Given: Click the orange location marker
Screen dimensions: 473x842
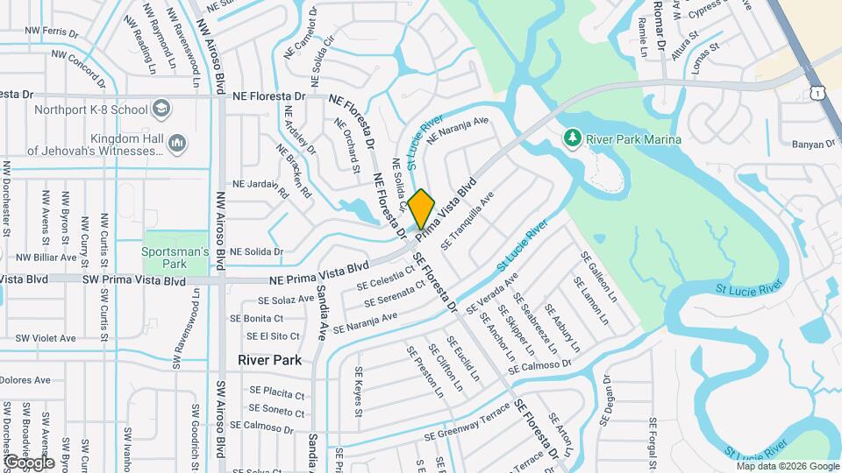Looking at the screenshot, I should [x=421, y=208].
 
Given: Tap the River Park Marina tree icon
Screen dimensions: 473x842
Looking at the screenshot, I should [x=572, y=138].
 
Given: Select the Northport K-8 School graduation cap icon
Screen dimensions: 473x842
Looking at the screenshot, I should [x=161, y=109].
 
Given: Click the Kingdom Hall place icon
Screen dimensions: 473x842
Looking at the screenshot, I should [x=176, y=142].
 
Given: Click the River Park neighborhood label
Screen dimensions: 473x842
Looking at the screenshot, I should [x=269, y=360].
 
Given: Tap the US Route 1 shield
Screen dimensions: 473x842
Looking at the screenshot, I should [x=817, y=92].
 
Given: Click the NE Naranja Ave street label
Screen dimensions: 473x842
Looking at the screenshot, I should [x=457, y=128].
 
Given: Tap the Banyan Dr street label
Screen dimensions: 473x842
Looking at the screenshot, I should [x=814, y=144].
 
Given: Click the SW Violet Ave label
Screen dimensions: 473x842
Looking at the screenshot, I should [x=44, y=338].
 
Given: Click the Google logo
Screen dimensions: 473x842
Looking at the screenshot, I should [x=29, y=462].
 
